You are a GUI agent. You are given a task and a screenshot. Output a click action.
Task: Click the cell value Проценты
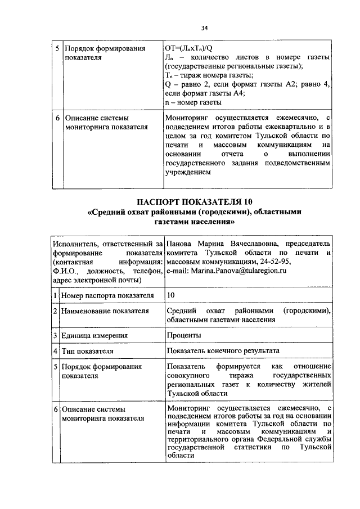point(183,335)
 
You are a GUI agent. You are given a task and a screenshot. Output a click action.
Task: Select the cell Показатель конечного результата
point(223,350)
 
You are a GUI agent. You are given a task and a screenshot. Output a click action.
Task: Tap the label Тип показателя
point(88,350)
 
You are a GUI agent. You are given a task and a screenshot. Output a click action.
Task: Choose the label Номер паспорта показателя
point(107,295)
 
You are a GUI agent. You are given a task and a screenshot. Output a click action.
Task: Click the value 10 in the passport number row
point(171,295)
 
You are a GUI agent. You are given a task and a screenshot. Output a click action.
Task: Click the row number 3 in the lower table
point(56,335)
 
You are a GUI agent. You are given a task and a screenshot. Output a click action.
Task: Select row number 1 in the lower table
point(56,295)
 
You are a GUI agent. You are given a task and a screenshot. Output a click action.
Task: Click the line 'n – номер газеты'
point(193,103)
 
